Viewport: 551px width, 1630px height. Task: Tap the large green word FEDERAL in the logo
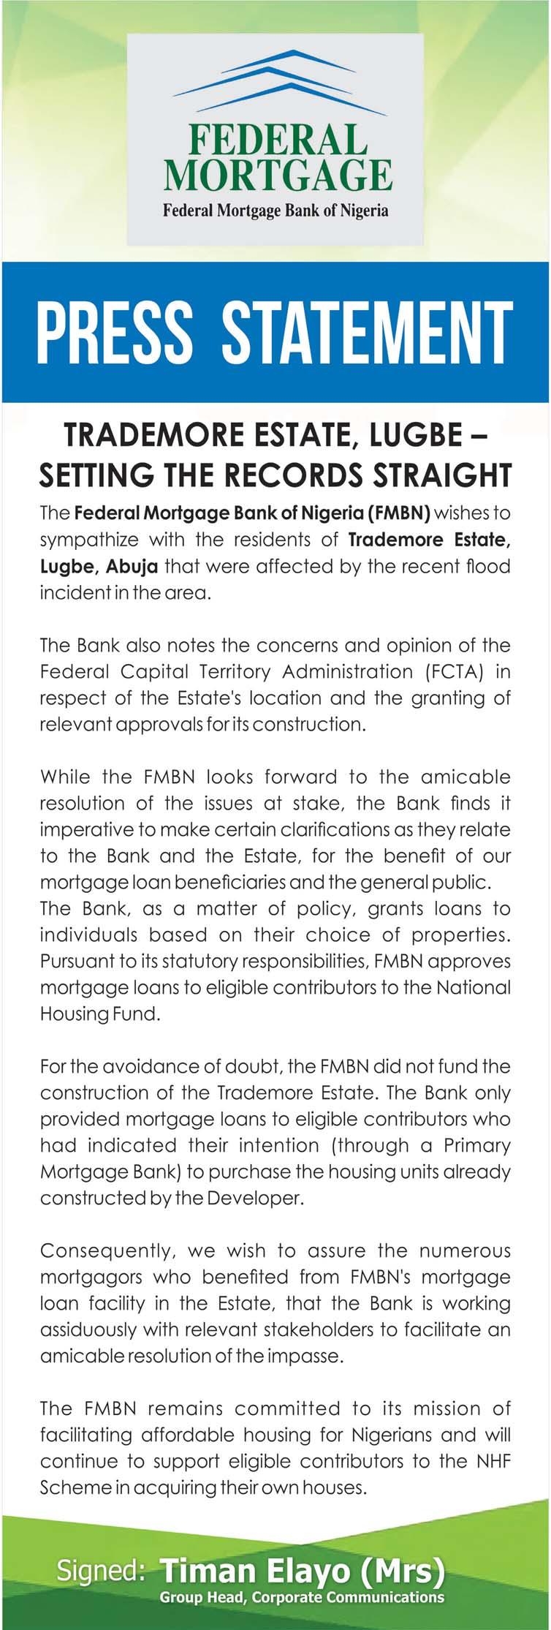point(275,142)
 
